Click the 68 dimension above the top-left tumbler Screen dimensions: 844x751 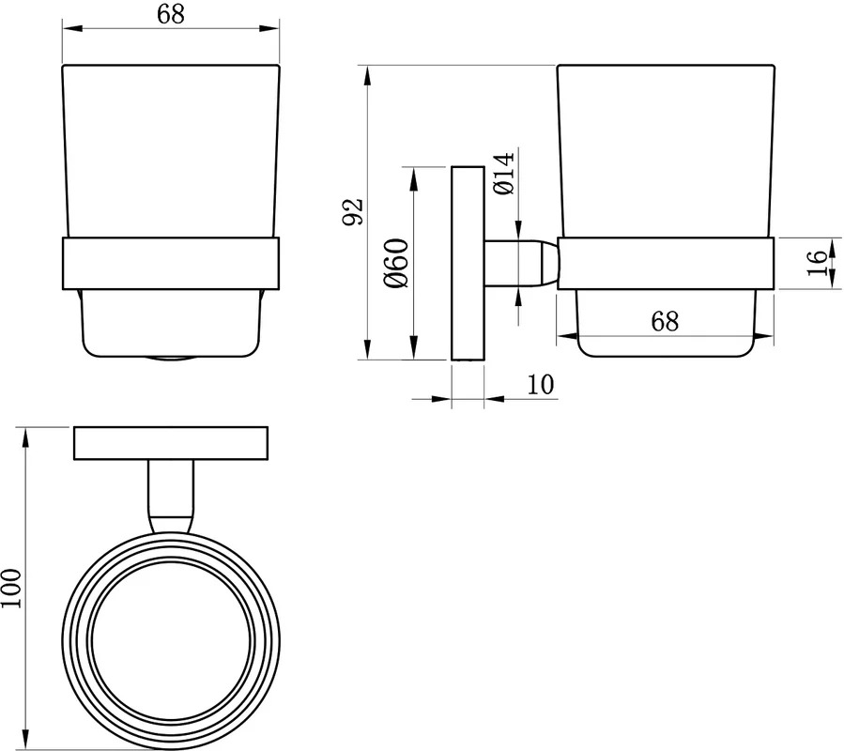[x=171, y=14]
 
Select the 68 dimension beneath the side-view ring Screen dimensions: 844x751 [x=665, y=321]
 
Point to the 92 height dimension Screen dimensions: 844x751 [x=355, y=211]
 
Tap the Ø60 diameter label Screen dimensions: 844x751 [x=396, y=263]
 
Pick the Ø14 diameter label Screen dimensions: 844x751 [x=503, y=174]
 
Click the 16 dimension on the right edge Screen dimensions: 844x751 [x=817, y=263]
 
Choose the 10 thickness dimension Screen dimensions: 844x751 [x=540, y=384]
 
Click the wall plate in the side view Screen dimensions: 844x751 [x=468, y=263]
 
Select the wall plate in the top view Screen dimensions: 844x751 [x=171, y=443]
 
